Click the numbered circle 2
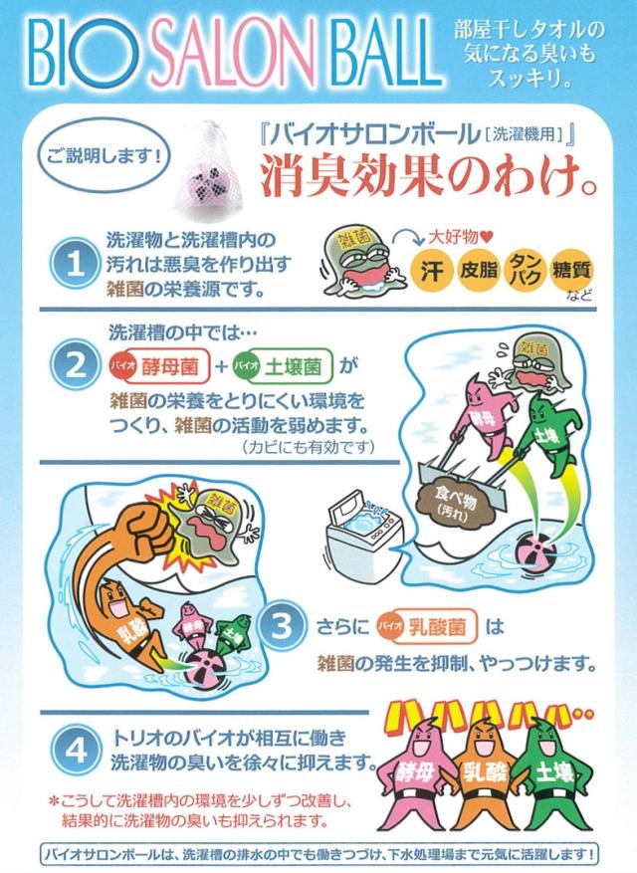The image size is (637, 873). pyautogui.click(x=76, y=365)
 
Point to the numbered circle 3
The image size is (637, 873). pyautogui.click(x=281, y=625)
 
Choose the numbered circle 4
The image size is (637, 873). pyautogui.click(x=76, y=750)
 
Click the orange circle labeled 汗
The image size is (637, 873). pyautogui.click(x=432, y=271)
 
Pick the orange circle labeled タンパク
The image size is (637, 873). pyautogui.click(x=525, y=271)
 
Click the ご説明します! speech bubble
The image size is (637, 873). pyautogui.click(x=105, y=155)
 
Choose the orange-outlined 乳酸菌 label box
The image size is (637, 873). pyautogui.click(x=428, y=627)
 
